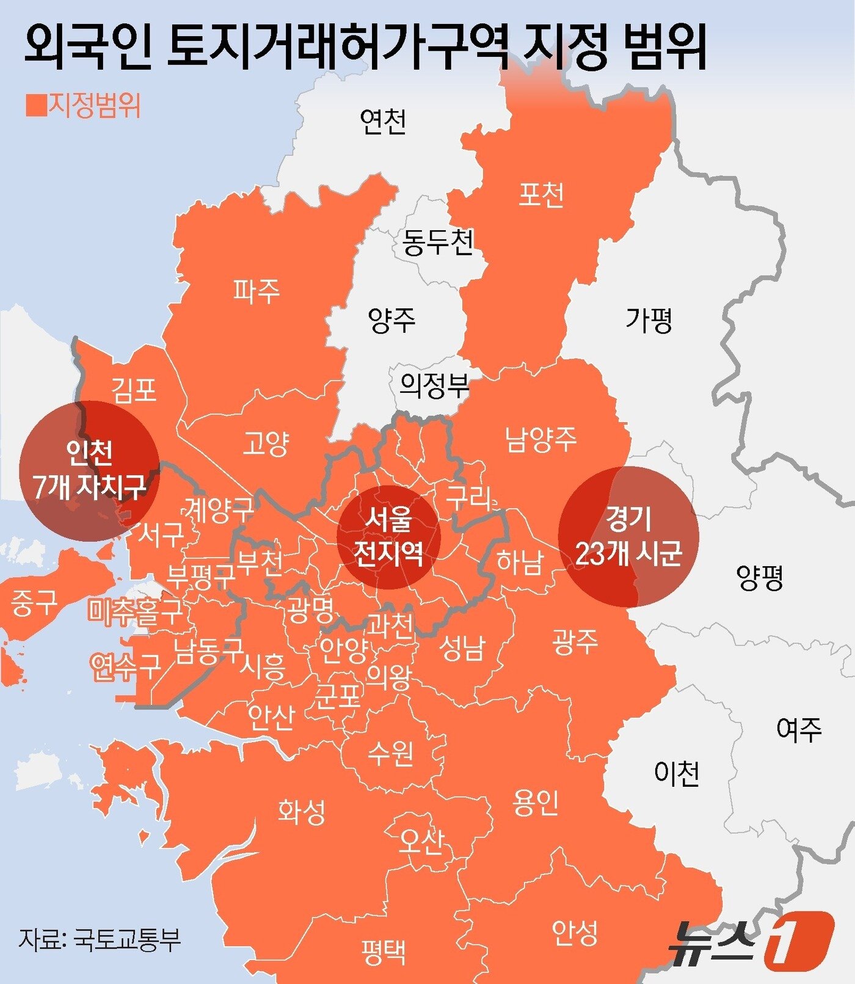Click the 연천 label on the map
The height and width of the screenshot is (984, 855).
pyautogui.click(x=383, y=122)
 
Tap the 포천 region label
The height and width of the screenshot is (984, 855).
pyautogui.click(x=540, y=195)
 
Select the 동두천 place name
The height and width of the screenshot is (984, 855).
pyautogui.click(x=437, y=242)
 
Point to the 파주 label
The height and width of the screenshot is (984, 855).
pyautogui.click(x=256, y=291)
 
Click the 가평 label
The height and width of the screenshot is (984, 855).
pyautogui.click(x=649, y=319)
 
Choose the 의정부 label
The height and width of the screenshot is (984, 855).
pyautogui.click(x=434, y=385)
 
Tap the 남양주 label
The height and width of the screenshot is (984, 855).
pyautogui.click(x=540, y=439)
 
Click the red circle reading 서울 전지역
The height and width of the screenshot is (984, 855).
pyautogui.click(x=388, y=538)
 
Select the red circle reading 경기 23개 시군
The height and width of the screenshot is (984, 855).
pyautogui.click(x=628, y=536)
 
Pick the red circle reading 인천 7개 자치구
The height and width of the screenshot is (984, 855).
pyautogui.click(x=89, y=470)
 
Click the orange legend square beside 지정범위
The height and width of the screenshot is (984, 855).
pyautogui.click(x=36, y=105)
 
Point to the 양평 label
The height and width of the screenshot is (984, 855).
pyautogui.click(x=760, y=577)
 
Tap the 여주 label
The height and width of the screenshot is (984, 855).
pyautogui.click(x=799, y=729)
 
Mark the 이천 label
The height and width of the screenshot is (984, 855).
pyautogui.click(x=676, y=773)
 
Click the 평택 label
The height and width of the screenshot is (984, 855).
pyautogui.click(x=383, y=950)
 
